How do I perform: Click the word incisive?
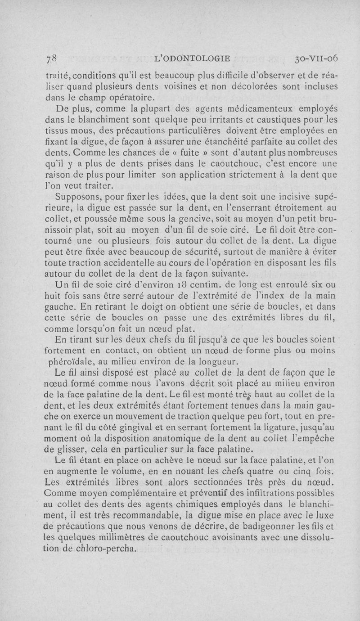pos(287,197)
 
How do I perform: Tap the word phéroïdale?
pos(73,361)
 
